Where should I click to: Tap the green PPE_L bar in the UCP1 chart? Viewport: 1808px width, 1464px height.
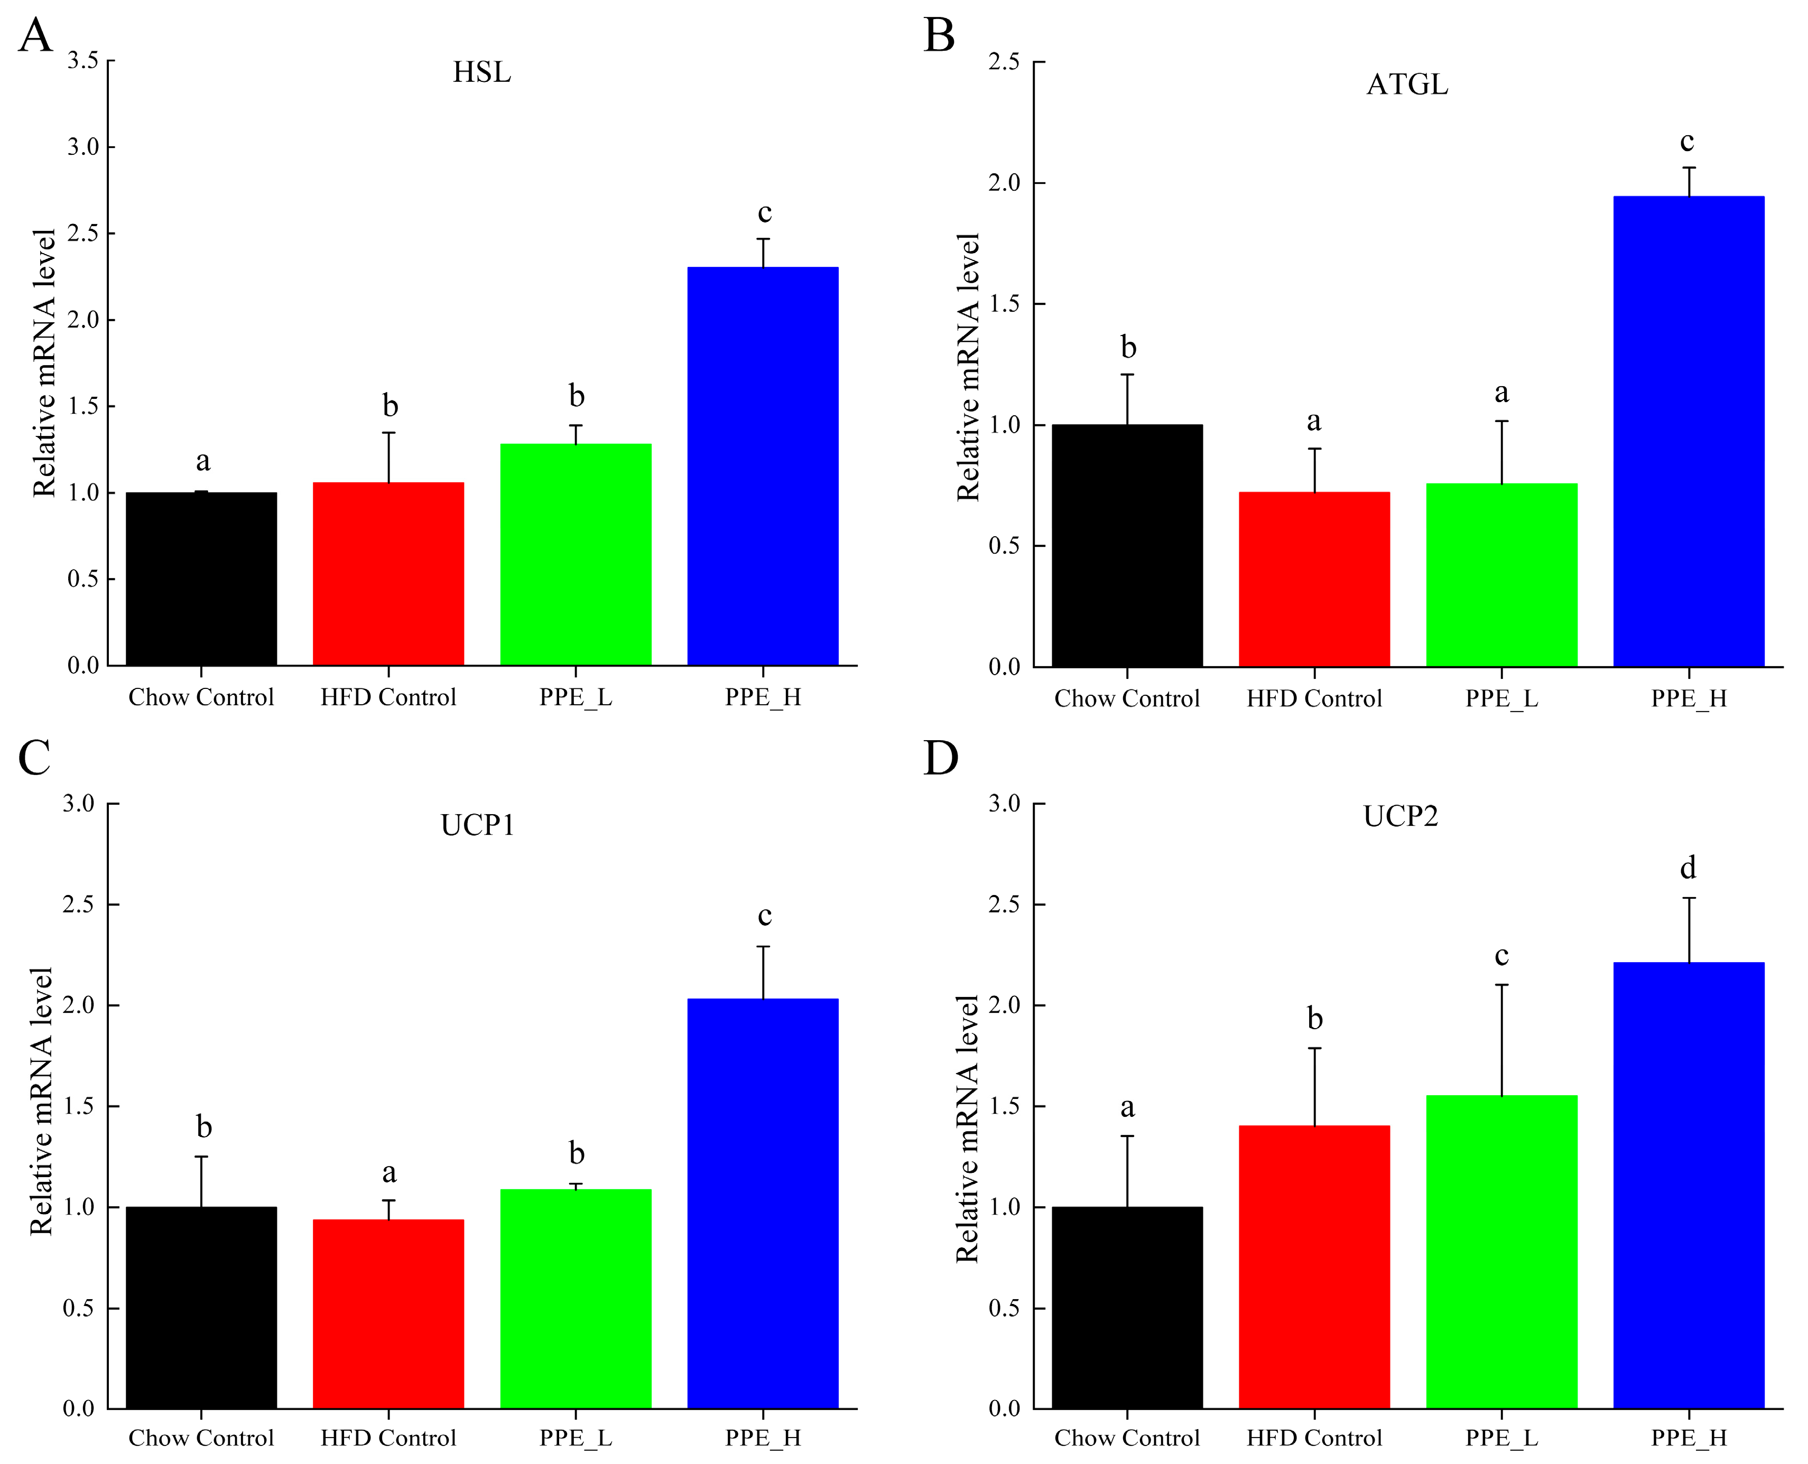(576, 1299)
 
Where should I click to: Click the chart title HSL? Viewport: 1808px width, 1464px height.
(482, 72)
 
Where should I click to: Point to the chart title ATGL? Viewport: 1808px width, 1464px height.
(1406, 85)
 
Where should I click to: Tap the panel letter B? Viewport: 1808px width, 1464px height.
(939, 36)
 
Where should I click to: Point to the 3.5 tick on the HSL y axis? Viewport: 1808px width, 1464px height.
(82, 61)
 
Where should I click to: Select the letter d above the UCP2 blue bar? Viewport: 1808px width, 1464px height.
(1688, 867)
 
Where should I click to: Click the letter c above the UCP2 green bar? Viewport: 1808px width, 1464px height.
(1501, 955)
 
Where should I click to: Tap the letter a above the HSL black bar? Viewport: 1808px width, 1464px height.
(202, 461)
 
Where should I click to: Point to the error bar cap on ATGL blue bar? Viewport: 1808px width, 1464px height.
(1689, 168)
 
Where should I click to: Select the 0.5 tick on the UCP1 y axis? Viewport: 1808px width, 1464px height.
(78, 1308)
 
